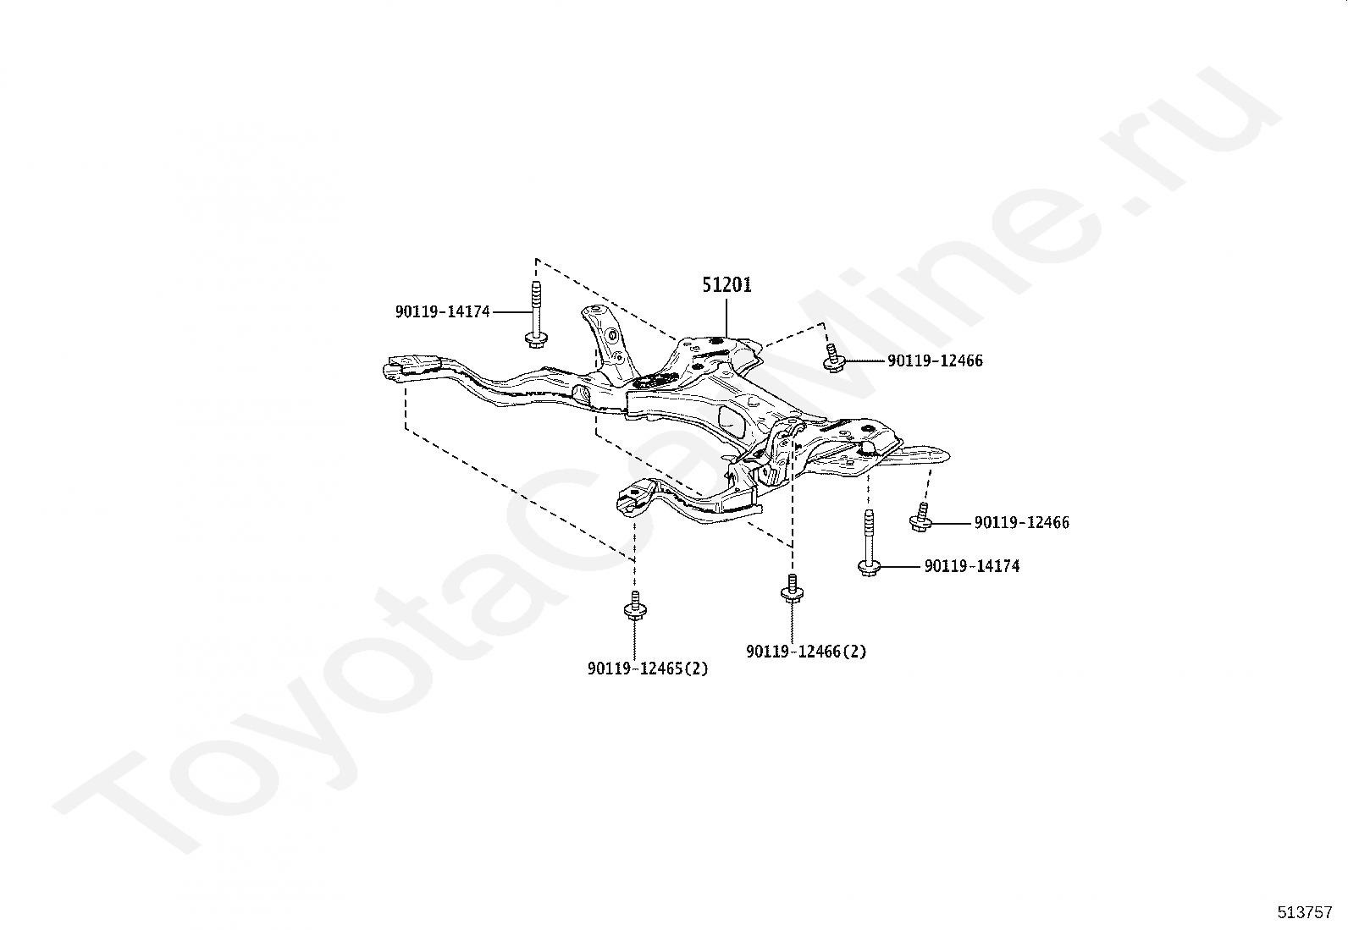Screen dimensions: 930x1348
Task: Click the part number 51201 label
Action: [x=726, y=285]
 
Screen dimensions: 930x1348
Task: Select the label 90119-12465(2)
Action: [x=648, y=669]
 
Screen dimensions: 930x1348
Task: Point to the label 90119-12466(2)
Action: [x=806, y=652]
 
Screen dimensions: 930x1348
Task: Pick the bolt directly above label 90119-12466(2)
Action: [x=791, y=589]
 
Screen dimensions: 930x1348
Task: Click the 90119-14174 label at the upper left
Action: [x=442, y=312]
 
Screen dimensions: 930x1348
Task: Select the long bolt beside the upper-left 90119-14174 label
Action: [x=535, y=314]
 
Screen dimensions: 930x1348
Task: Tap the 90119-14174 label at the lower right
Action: [x=971, y=566]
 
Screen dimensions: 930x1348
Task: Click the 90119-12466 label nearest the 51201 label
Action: [x=935, y=361]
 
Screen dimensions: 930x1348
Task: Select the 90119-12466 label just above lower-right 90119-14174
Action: [x=1021, y=523]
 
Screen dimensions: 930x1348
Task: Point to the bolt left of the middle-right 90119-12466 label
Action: [x=921, y=517]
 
